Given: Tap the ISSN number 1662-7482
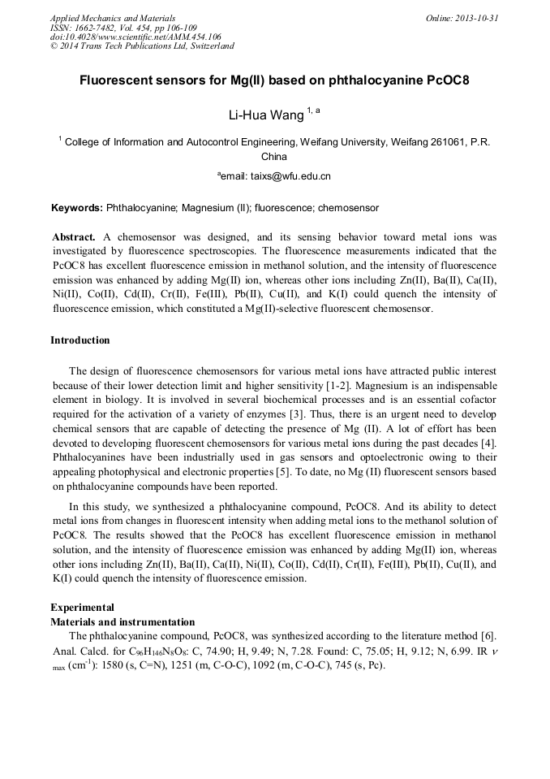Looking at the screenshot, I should point(101,28).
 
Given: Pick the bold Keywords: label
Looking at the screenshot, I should point(77,208).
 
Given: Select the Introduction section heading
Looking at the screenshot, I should point(79,340).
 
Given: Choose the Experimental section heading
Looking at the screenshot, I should point(82,607).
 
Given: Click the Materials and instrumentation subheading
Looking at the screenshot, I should point(122,621).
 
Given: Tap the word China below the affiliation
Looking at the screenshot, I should point(274,157).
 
